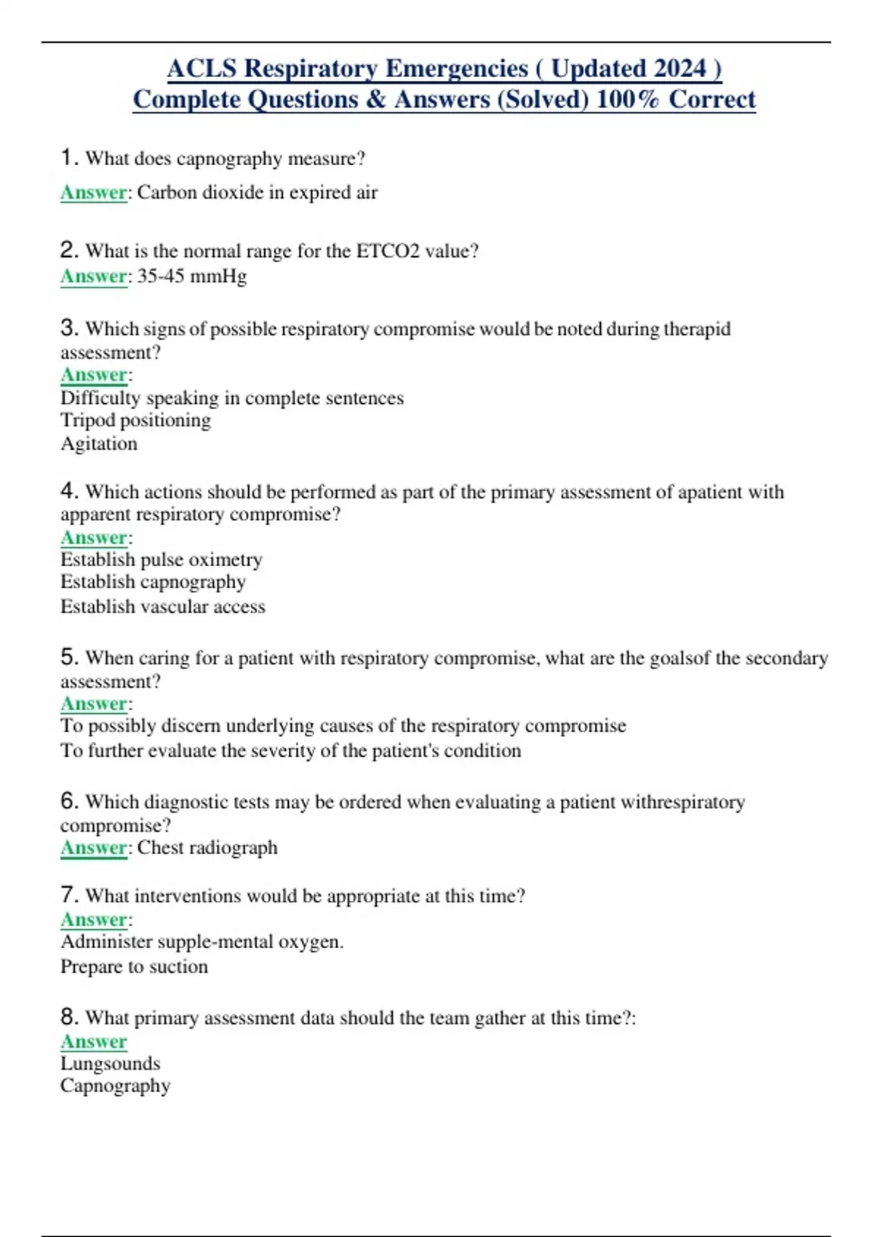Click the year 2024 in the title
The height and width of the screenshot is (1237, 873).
[x=679, y=68]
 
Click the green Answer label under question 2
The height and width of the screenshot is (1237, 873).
[x=94, y=277]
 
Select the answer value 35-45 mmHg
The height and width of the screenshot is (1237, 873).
[x=192, y=277]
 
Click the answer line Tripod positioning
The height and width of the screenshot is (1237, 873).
[x=136, y=421]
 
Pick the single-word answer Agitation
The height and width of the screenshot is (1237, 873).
[x=99, y=444]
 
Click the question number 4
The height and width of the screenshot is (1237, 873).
[x=69, y=490]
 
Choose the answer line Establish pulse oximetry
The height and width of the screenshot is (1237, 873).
[x=162, y=560]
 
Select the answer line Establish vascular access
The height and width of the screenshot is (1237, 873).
[x=163, y=607]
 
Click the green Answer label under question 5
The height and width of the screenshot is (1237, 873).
[x=94, y=704]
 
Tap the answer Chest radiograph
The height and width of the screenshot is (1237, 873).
[x=207, y=848]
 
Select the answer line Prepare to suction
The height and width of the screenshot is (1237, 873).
[x=135, y=966]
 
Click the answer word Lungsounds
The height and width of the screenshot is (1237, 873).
[x=111, y=1063]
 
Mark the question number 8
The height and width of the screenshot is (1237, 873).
[x=69, y=1016]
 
